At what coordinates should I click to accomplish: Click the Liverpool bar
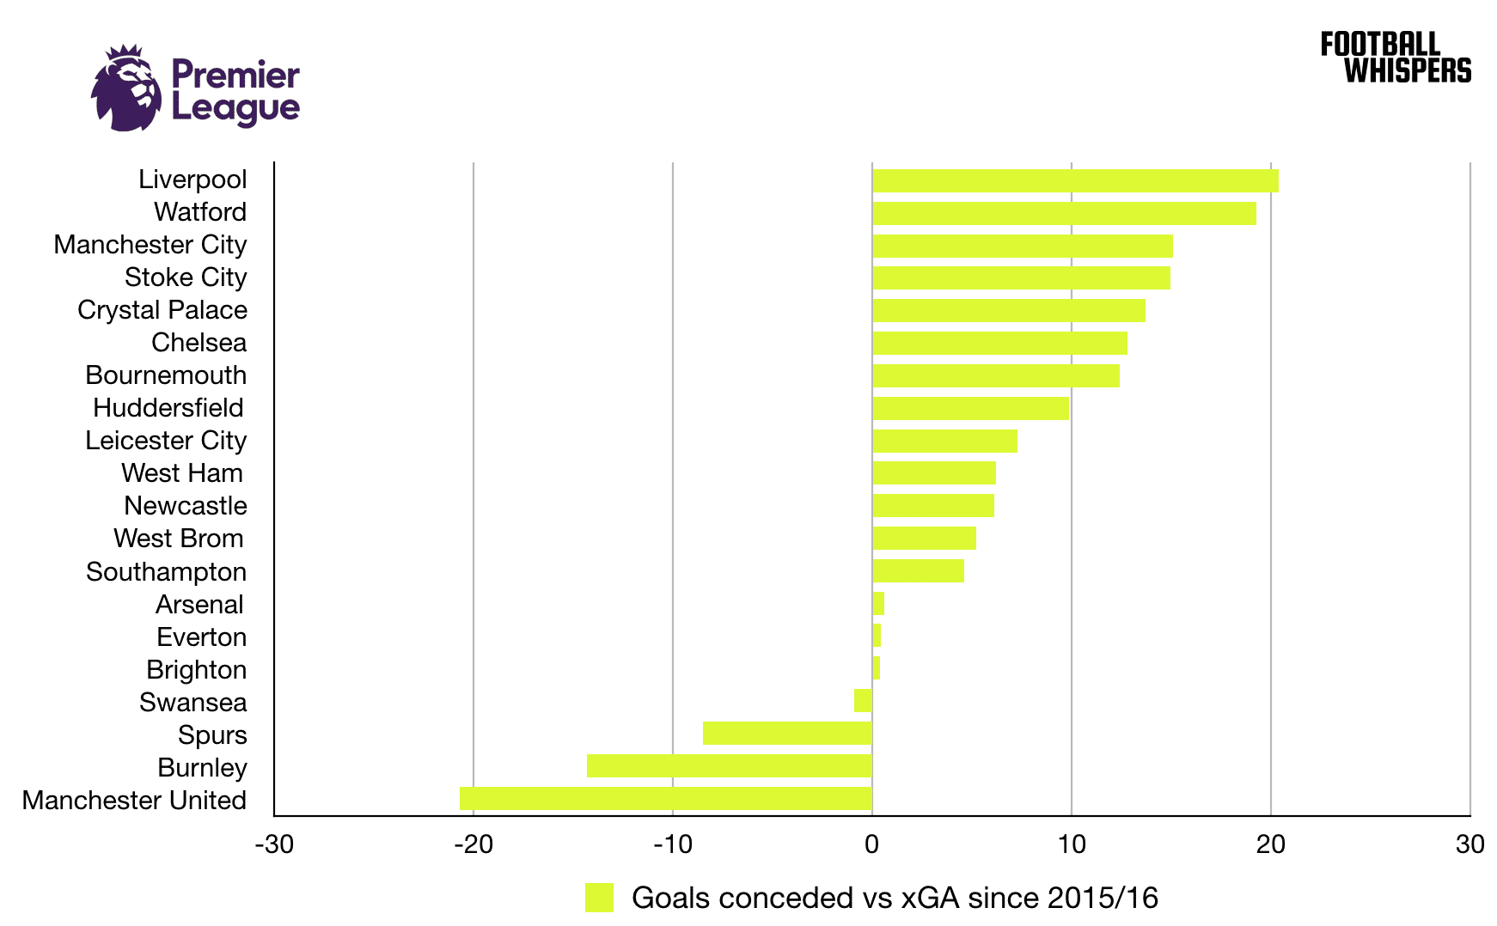click(1074, 180)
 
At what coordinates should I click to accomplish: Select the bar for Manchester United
click(666, 798)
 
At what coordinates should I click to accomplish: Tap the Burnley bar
click(730, 765)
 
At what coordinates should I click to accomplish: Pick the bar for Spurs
click(787, 733)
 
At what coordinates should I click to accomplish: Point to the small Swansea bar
click(863, 700)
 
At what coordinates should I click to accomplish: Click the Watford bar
click(1064, 213)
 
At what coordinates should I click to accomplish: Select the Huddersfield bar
click(970, 408)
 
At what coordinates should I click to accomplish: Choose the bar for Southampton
click(918, 570)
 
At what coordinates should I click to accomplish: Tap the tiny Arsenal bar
click(878, 603)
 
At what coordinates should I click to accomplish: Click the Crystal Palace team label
click(162, 310)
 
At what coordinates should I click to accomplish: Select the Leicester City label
click(166, 441)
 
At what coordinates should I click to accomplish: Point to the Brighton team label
click(197, 670)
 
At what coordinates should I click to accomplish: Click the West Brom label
click(179, 539)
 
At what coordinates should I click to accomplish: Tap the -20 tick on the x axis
click(473, 844)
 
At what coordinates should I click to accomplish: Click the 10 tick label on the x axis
click(1071, 844)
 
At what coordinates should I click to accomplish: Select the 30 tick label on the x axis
click(1470, 844)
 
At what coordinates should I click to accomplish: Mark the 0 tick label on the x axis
click(871, 844)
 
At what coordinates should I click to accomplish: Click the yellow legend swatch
click(599, 898)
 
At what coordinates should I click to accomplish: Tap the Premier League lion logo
click(126, 88)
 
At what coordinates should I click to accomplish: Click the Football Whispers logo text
click(1396, 58)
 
